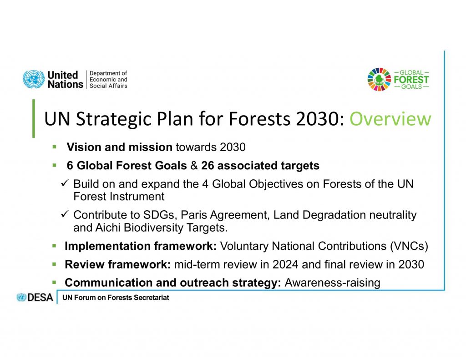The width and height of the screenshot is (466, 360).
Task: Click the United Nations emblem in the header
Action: (x=34, y=79)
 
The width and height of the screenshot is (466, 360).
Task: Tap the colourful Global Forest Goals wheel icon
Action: (x=379, y=79)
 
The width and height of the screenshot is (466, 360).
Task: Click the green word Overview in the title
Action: (x=390, y=119)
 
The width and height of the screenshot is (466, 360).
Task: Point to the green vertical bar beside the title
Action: (x=34, y=118)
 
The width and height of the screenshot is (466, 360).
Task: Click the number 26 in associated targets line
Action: (x=208, y=166)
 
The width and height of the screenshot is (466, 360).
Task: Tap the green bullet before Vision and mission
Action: (x=55, y=147)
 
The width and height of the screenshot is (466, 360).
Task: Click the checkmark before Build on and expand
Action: (x=65, y=183)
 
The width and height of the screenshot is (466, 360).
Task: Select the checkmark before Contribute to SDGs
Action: (x=65, y=214)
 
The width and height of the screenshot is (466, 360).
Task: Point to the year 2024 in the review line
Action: (x=285, y=264)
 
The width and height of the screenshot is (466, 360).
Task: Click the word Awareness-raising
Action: (x=332, y=283)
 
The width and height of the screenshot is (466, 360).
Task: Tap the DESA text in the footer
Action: (x=40, y=297)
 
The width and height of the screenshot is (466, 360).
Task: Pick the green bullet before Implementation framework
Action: (x=54, y=246)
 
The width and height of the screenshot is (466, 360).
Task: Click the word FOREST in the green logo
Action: (x=411, y=80)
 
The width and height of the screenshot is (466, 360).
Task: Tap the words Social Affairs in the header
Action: (x=108, y=86)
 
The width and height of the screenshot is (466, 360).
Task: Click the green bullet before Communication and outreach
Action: (x=54, y=282)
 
